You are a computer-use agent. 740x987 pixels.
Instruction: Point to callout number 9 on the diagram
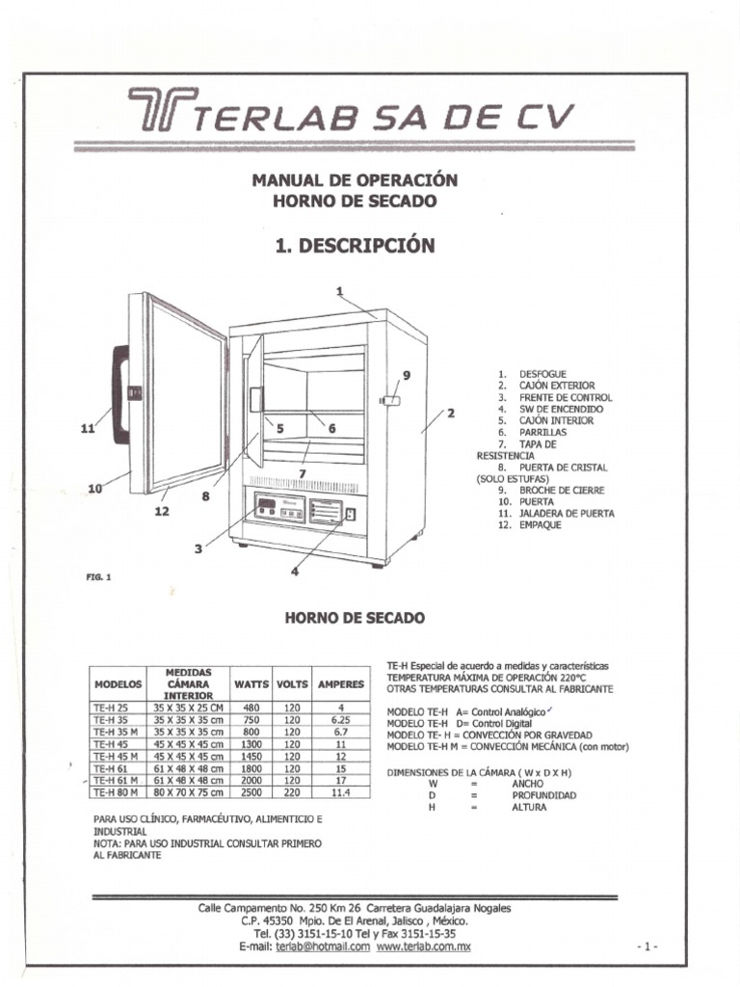pos(406,375)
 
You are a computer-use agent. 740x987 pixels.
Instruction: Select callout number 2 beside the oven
pos(450,413)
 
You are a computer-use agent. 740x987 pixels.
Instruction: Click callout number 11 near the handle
pos(87,430)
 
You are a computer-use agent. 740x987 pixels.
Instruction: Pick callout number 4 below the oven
pos(295,572)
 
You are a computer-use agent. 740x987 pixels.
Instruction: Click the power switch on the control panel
pos(351,514)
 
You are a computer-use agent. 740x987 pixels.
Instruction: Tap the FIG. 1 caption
pos(99,577)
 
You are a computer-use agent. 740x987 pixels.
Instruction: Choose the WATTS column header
pos(251,683)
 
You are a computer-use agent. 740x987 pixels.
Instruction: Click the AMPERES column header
pos(340,683)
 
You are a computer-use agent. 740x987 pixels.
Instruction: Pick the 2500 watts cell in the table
pos(251,792)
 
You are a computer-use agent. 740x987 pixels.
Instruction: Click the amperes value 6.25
pos(340,719)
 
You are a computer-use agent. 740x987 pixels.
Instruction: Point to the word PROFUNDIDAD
pos(543,795)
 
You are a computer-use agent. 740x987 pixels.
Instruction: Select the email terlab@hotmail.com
pos(323,947)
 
